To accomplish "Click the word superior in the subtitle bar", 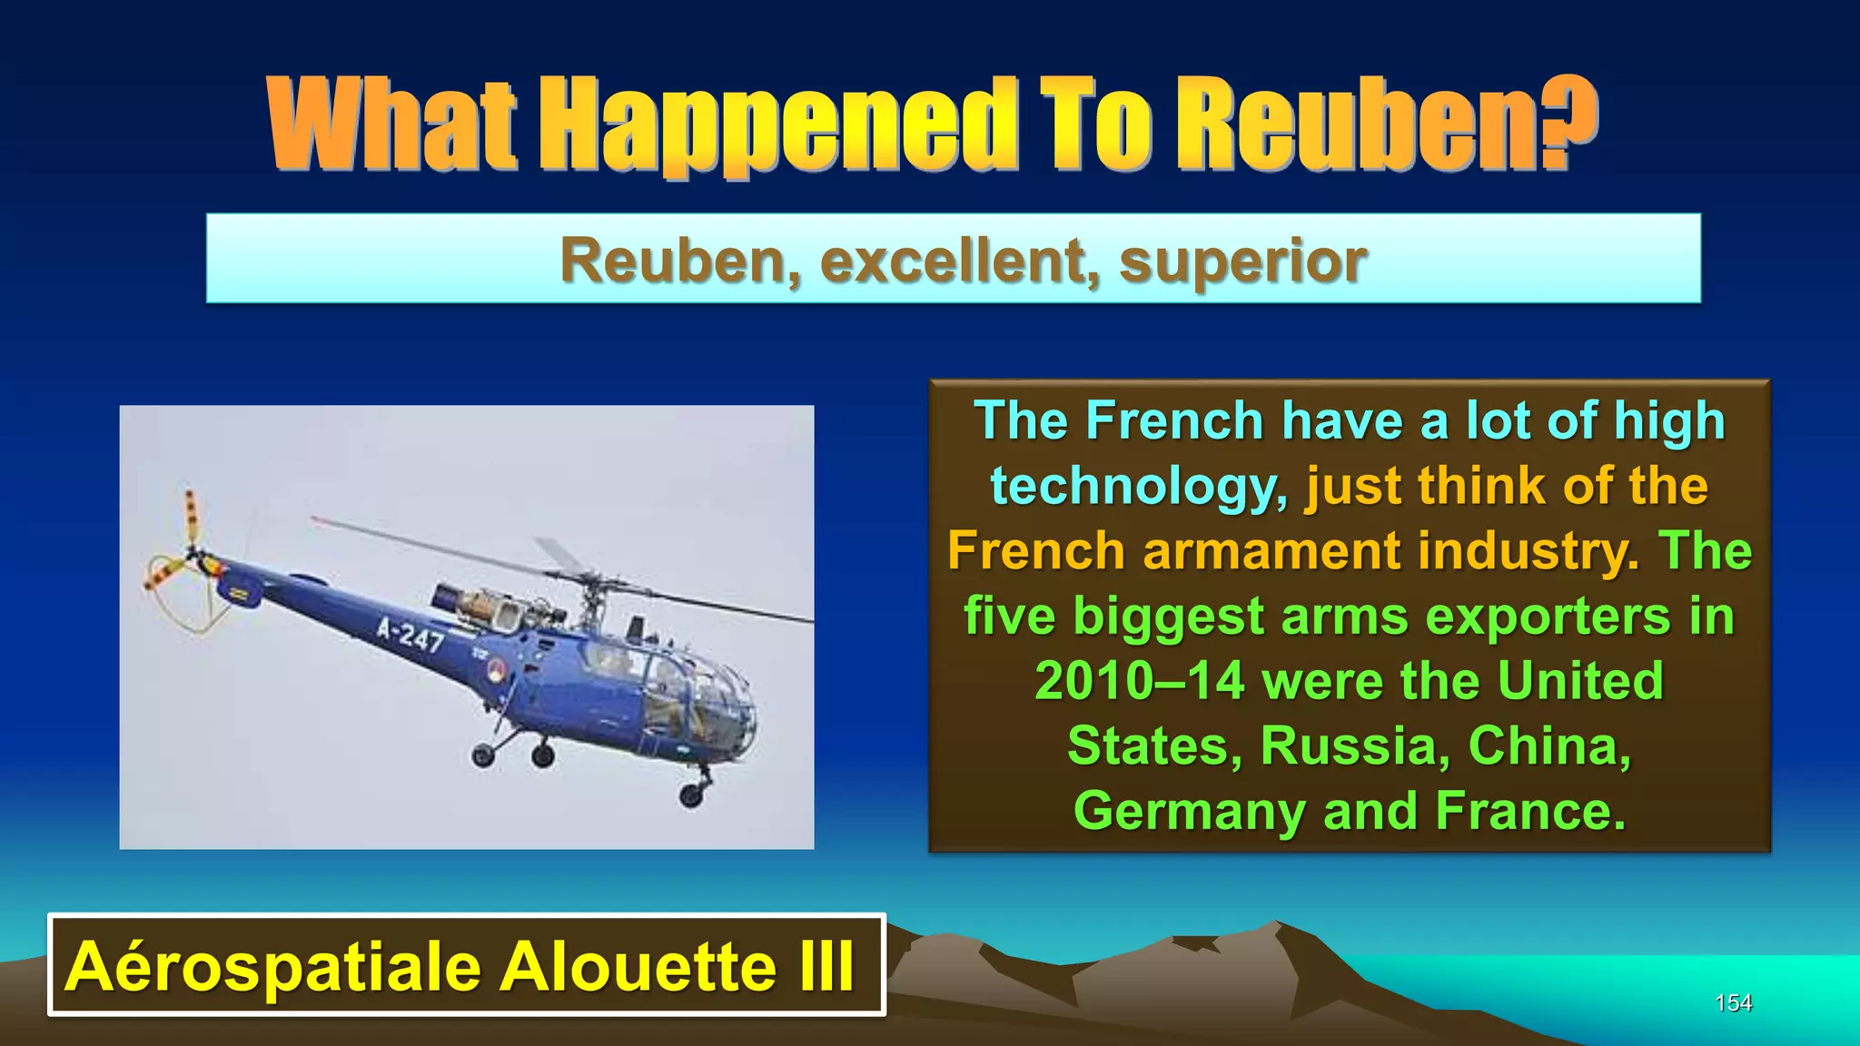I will (x=1242, y=261).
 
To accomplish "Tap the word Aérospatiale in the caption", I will (x=272, y=966).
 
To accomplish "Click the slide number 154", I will (x=1733, y=1002).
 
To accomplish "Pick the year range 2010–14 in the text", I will (x=1139, y=681).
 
